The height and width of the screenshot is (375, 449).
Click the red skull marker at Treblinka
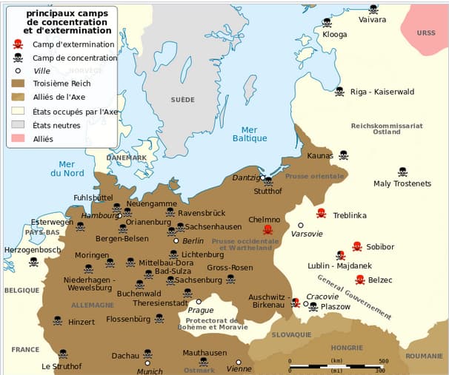(321, 213)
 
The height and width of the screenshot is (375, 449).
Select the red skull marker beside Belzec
(359, 280)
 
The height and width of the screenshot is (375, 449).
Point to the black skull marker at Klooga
(327, 21)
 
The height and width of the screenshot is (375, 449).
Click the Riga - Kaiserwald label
(382, 92)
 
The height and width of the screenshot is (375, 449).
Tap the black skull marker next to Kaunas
(344, 155)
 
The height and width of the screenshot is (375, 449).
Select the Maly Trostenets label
(402, 183)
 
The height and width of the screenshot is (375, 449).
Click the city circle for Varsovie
(301, 225)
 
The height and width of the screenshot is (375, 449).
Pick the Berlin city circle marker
(176, 240)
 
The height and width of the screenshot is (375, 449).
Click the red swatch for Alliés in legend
(18, 138)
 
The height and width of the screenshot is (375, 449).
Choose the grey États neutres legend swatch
(18, 125)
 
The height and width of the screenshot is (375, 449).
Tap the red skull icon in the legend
(18, 44)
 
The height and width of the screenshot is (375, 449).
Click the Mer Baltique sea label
(250, 133)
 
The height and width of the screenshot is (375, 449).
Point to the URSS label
(426, 33)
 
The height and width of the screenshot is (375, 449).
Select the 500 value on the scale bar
(383, 361)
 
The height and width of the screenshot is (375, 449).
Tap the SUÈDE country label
(182, 99)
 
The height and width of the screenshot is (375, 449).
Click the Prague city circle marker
(199, 301)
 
